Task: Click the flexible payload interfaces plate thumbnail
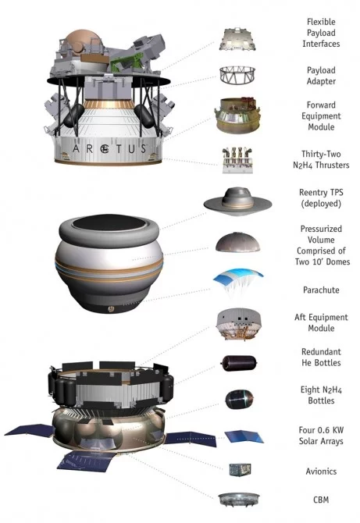pyautogui.click(x=237, y=39)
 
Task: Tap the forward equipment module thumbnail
pyautogui.click(x=237, y=115)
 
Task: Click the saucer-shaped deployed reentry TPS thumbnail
pyautogui.click(x=237, y=201)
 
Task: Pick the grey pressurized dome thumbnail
pyautogui.click(x=237, y=242)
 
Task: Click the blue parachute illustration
pyautogui.click(x=237, y=279)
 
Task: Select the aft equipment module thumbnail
pyautogui.click(x=237, y=323)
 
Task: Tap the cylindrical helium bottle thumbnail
pyautogui.click(x=239, y=362)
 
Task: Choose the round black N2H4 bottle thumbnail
pyautogui.click(x=239, y=399)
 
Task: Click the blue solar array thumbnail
pyautogui.click(x=244, y=436)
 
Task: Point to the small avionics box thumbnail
pyautogui.click(x=241, y=469)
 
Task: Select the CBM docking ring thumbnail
pyautogui.click(x=238, y=500)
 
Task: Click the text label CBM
pyautogui.click(x=321, y=500)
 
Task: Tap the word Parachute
pyautogui.click(x=321, y=290)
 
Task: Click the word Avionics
pyautogui.click(x=321, y=471)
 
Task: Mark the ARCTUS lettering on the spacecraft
pyautogui.click(x=109, y=149)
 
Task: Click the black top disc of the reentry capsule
pyautogui.click(x=109, y=222)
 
